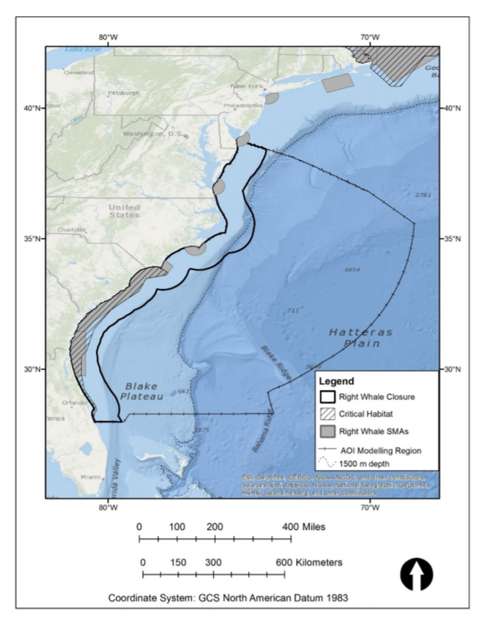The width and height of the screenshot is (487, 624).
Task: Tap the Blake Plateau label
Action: [x=141, y=391]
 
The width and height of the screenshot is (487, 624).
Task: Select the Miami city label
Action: [x=91, y=477]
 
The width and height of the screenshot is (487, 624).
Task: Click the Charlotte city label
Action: [x=71, y=230]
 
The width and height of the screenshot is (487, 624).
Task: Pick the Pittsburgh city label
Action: [x=123, y=93]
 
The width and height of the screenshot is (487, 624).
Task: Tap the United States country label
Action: [x=124, y=211]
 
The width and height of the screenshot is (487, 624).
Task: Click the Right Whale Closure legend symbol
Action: [x=327, y=397]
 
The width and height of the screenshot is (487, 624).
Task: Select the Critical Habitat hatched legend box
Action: [x=327, y=414]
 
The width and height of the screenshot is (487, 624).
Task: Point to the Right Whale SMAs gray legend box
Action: [x=327, y=431]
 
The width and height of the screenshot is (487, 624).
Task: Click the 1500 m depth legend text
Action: [x=364, y=464]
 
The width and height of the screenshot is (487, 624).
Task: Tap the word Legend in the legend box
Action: [x=336, y=381]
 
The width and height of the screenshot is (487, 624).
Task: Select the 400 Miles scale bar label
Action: [x=303, y=527]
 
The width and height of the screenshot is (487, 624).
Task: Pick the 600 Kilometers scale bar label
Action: [x=309, y=562]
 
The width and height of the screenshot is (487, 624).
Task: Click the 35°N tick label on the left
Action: [x=32, y=238]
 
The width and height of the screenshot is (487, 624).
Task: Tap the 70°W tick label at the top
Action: [x=370, y=37]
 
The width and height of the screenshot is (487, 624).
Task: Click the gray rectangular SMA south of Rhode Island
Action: [x=337, y=82]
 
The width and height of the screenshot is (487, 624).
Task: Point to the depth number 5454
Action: [x=352, y=270]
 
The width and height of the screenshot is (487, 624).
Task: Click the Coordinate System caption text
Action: [x=228, y=598]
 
